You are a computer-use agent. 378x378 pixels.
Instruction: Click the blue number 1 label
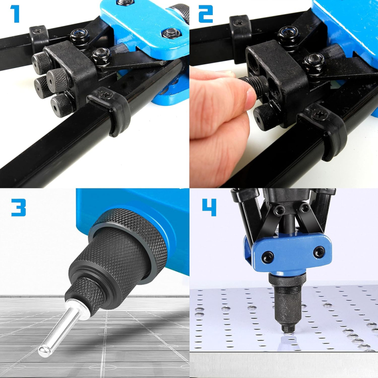click(x=16, y=14)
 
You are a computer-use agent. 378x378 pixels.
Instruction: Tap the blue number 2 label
click(x=205, y=14)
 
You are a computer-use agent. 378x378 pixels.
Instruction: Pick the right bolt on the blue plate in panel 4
click(x=320, y=251)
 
